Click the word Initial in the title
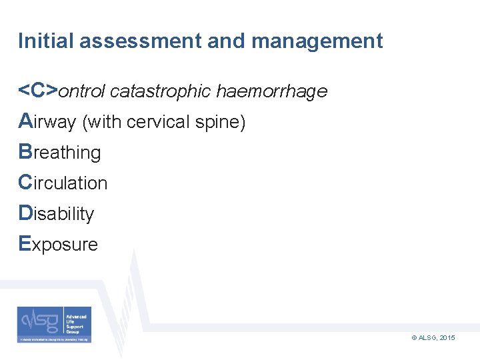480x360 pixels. point(45,41)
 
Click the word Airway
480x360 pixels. point(47,122)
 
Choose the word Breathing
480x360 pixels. point(60,153)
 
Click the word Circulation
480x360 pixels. point(63,183)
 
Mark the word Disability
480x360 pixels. point(56,214)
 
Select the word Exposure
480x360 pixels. point(58,245)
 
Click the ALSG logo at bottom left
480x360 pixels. point(55,325)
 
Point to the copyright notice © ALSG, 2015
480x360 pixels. point(433,339)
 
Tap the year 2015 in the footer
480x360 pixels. point(447,339)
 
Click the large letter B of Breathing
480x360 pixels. point(25,152)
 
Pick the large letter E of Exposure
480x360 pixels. point(25,244)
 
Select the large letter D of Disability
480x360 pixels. point(25,213)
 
